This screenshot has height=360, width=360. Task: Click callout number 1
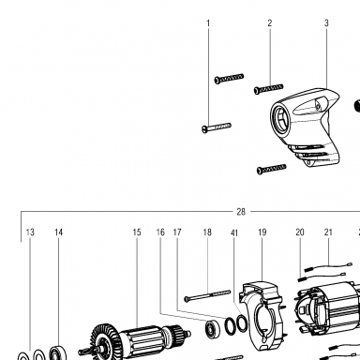pos(208,23)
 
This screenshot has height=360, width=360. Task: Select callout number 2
pos(270,22)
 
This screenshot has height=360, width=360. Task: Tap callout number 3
pos(326,22)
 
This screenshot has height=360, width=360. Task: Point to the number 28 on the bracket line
pos(241,212)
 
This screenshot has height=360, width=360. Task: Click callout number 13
pos(30,232)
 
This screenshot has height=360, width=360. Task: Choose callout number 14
pos(58,232)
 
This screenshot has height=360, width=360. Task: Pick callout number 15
pos(137,232)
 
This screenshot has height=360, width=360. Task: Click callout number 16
pos(160,232)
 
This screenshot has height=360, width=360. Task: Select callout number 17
pos(177,232)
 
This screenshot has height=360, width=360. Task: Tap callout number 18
pos(207,232)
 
